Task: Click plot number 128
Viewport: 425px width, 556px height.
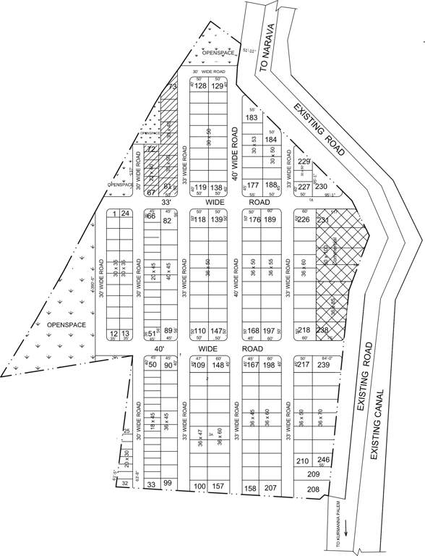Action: click(201, 86)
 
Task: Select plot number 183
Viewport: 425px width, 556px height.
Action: click(252, 117)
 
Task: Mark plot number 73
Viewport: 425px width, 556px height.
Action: click(171, 88)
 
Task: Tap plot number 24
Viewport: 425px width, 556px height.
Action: click(125, 213)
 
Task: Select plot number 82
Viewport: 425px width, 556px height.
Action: click(167, 220)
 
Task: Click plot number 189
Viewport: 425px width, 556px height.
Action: click(270, 219)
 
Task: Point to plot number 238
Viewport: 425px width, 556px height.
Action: click(322, 330)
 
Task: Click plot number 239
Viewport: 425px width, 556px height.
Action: click(323, 364)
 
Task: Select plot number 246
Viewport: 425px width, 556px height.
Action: click(324, 460)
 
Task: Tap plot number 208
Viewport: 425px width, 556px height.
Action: click(313, 489)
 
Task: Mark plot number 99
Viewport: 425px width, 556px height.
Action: click(167, 483)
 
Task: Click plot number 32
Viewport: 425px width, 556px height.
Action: click(125, 483)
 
